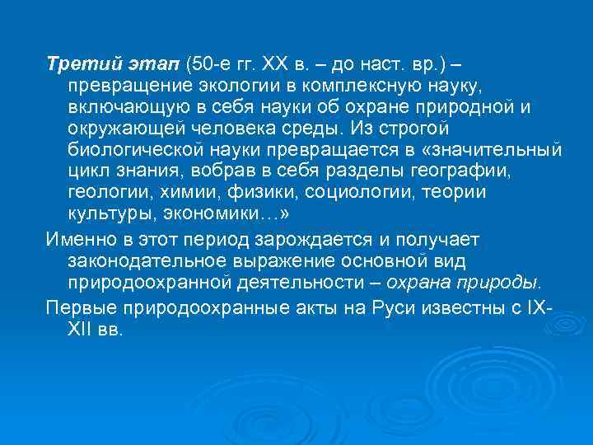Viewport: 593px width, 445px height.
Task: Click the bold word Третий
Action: pyautogui.click(x=76, y=64)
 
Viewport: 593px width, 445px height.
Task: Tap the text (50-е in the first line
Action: pyautogui.click(x=210, y=64)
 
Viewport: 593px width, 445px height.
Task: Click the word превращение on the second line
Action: pyautogui.click(x=131, y=86)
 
